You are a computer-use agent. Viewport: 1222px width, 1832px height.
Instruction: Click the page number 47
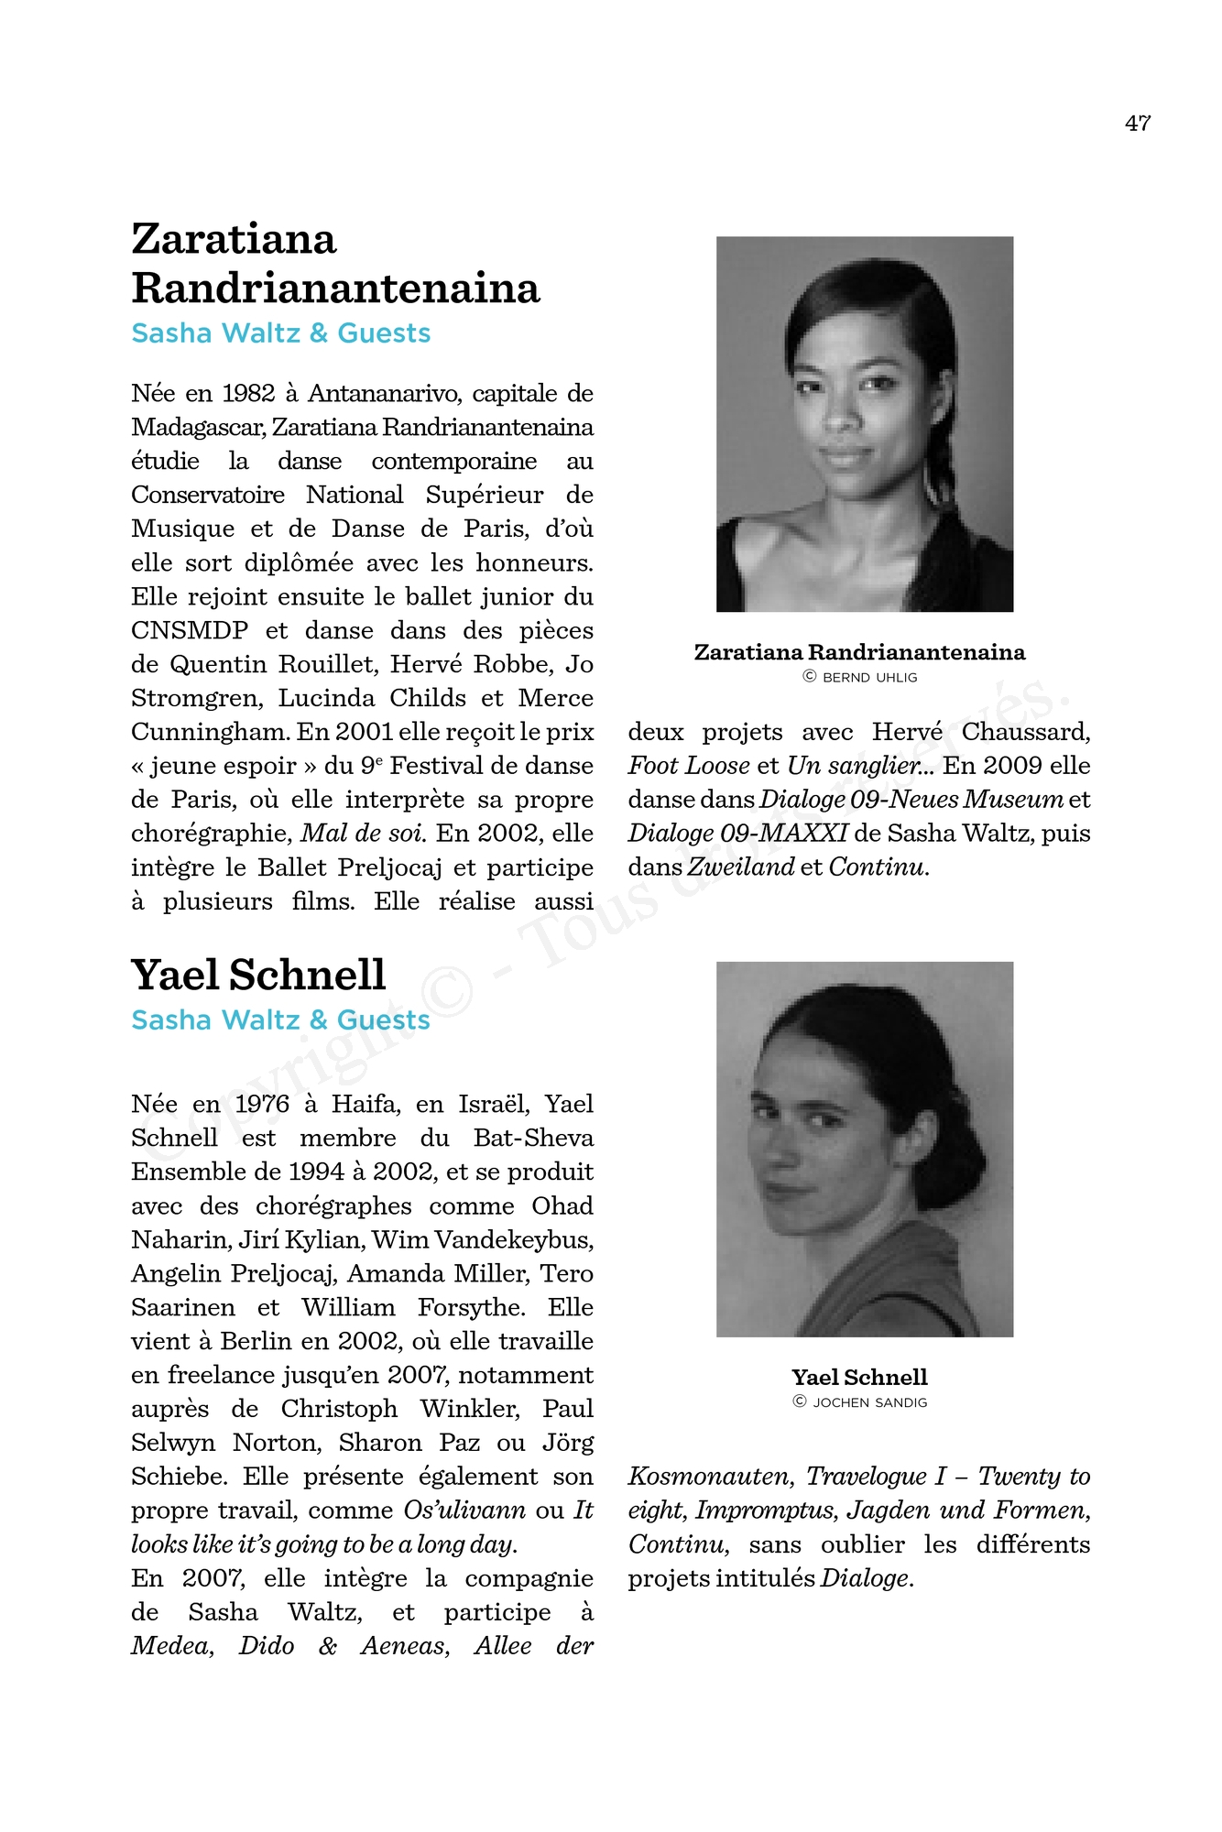(x=1138, y=123)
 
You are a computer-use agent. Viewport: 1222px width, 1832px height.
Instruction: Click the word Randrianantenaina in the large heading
(x=335, y=288)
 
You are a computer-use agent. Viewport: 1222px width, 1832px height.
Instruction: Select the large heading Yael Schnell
(x=258, y=975)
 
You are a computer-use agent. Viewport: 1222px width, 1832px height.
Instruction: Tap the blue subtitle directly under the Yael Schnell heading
(x=280, y=1020)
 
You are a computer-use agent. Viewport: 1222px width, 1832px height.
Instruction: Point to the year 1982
(x=248, y=394)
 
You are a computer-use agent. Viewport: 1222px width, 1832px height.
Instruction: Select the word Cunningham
(x=210, y=733)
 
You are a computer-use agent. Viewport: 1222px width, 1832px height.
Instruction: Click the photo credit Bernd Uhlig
(x=860, y=678)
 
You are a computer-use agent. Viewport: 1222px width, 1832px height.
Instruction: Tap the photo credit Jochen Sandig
(x=860, y=1402)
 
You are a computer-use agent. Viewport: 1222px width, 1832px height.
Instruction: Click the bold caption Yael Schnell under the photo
(x=859, y=1377)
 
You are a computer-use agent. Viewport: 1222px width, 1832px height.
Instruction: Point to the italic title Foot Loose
(x=688, y=766)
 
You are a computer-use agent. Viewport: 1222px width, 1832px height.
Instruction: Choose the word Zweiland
(x=741, y=867)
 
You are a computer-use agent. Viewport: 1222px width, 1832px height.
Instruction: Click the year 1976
(x=262, y=1105)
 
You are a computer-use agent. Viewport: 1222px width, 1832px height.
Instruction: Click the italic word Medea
(x=171, y=1646)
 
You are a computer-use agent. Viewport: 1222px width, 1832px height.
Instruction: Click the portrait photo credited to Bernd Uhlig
(x=864, y=424)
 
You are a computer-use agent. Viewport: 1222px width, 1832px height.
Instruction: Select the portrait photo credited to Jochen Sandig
(x=864, y=1149)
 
